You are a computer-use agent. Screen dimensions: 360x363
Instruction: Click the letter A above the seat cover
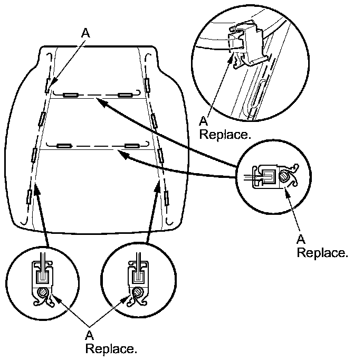click(x=85, y=33)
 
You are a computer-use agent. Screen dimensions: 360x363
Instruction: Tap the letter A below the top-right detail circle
click(x=204, y=121)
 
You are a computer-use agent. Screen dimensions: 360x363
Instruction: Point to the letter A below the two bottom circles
click(x=89, y=335)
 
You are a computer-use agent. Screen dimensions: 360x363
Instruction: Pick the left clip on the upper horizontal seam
click(x=70, y=95)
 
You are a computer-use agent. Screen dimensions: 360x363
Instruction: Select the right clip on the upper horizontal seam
click(x=125, y=95)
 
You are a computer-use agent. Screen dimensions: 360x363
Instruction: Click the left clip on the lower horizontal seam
click(x=64, y=145)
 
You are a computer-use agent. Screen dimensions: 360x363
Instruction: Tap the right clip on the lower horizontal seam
click(x=131, y=145)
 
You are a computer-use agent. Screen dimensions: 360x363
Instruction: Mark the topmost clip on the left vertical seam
click(x=48, y=83)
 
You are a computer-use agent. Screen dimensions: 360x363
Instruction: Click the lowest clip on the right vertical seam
click(x=167, y=198)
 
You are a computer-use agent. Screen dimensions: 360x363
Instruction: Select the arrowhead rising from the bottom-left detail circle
click(x=36, y=187)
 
